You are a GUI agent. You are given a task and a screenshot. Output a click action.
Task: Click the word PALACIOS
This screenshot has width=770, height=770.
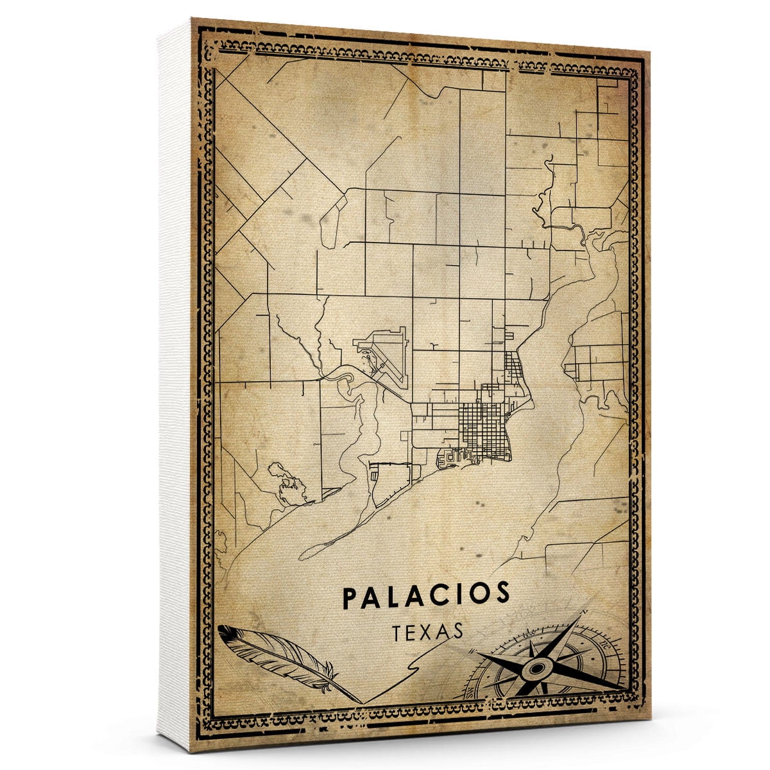pos(427,595)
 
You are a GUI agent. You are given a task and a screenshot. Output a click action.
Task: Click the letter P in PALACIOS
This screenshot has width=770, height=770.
pos(349,597)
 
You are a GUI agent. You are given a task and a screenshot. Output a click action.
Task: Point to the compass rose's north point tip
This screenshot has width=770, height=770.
pos(579,618)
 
